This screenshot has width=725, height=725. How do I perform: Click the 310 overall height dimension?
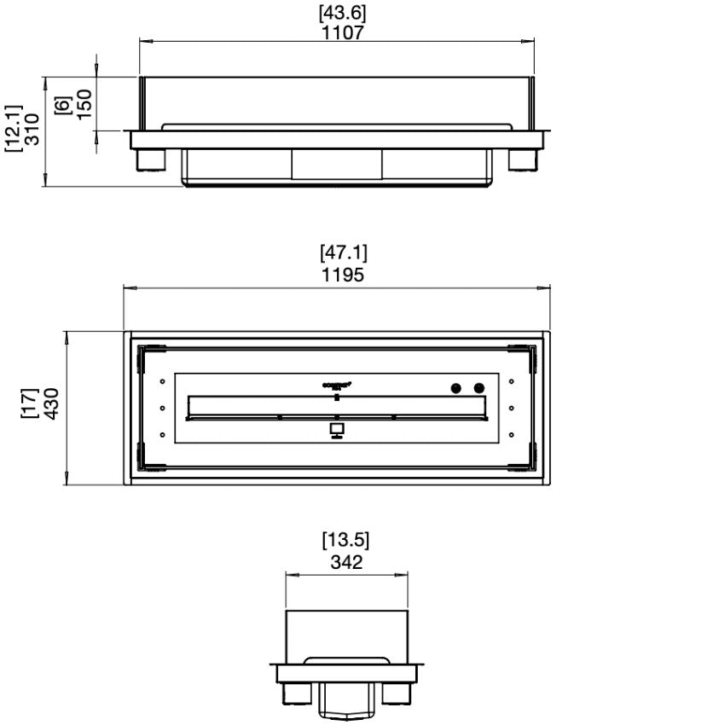point(32,130)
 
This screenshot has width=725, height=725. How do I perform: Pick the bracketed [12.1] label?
point(11,130)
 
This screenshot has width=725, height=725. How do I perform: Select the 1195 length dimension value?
point(343,274)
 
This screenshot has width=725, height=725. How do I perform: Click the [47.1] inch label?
point(343,253)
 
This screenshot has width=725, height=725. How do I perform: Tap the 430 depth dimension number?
point(51,404)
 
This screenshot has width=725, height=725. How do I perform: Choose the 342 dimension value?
point(345,562)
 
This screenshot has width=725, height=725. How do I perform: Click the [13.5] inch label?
point(345,541)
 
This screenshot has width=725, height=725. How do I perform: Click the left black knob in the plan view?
point(456,388)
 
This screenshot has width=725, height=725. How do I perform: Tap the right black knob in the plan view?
point(478,388)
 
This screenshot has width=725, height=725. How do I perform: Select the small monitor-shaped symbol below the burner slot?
point(338,429)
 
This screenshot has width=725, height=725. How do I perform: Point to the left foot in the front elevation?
point(150,159)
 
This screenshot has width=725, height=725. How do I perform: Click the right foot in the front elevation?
point(523,159)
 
